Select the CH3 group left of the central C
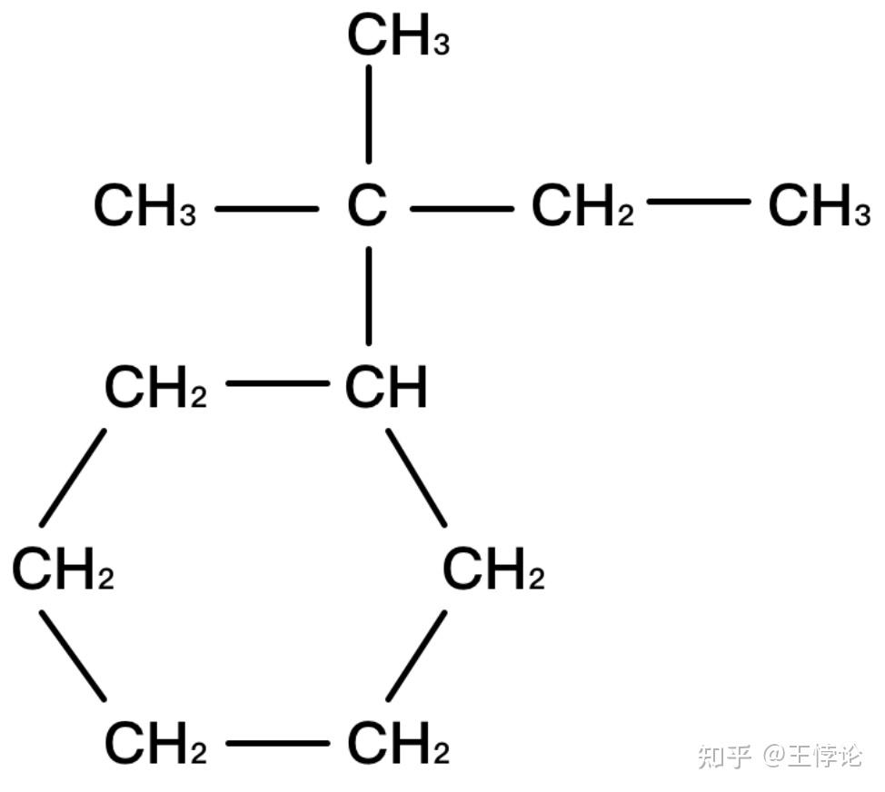coord(144,207)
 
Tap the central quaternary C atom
coord(367,207)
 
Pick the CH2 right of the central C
coord(582,207)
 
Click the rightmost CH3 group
coord(818,207)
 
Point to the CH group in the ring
coord(385,388)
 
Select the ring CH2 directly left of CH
coord(155,388)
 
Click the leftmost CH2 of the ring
coord(63,570)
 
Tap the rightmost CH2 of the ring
coord(492,570)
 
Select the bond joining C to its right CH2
coord(461,209)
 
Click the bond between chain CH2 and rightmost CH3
coord(698,200)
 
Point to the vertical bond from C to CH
coord(368,295)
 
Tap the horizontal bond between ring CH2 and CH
coord(277,383)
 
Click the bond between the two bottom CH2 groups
coord(277,743)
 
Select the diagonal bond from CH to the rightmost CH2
coord(416,477)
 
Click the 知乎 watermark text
coord(724,755)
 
